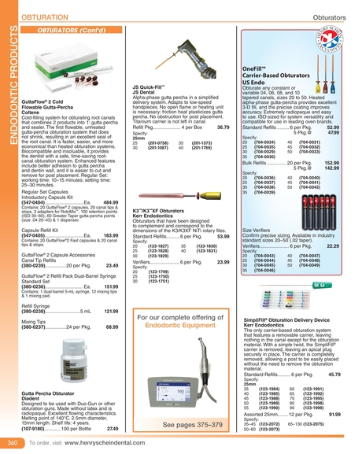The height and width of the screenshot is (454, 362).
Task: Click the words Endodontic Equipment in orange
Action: click(182, 301)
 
